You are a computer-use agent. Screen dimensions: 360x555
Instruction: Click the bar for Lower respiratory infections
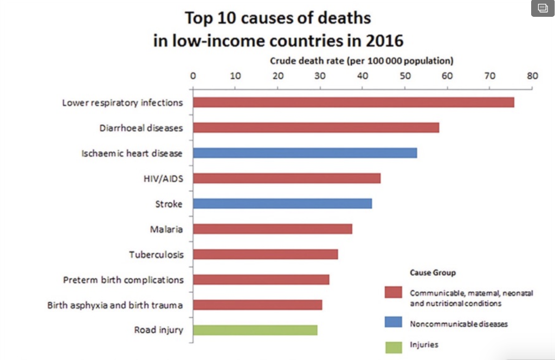coord(353,102)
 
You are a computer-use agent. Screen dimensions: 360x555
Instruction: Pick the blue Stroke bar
coord(282,203)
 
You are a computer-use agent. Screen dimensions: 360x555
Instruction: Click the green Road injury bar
coord(255,330)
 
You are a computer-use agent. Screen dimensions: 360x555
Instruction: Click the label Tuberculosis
coord(156,254)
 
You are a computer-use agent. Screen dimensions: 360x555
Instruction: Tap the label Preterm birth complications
coord(123,280)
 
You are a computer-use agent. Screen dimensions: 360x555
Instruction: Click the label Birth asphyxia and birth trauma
coord(115,305)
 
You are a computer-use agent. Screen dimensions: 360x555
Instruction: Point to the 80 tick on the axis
coord(532,76)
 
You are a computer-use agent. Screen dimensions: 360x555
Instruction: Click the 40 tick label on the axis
coord(363,76)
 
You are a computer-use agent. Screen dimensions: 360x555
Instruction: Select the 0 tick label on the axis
coord(193,76)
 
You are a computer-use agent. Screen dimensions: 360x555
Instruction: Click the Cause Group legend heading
coord(433,272)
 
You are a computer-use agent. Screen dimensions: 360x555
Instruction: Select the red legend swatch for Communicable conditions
coord(393,293)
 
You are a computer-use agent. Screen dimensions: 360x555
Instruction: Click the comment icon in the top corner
coord(543,8)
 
